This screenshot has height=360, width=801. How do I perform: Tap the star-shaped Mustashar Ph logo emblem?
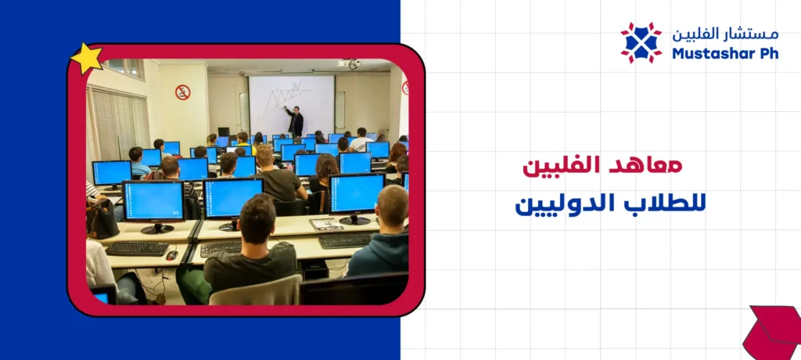[641, 42]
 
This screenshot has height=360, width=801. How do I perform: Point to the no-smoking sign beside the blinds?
[182, 92]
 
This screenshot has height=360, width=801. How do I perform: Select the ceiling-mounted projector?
[349, 63]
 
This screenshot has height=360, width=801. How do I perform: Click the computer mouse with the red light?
[171, 254]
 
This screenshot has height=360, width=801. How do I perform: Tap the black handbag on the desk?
[101, 218]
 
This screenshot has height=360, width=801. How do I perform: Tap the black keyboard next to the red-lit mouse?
[137, 248]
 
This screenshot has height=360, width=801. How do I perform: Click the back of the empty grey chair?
[255, 290]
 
